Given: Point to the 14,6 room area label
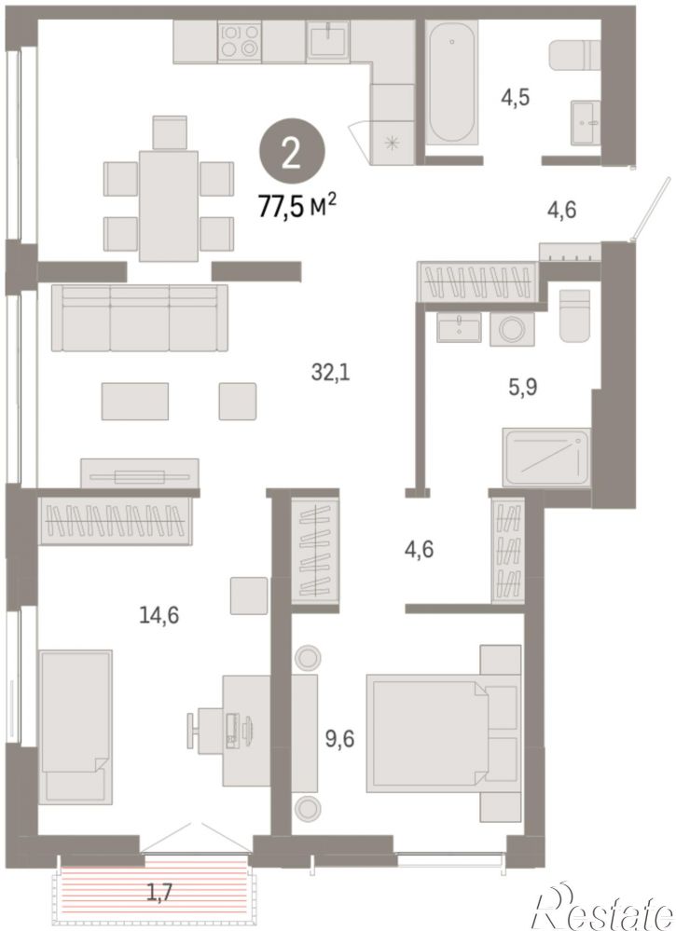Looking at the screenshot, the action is pos(159,615).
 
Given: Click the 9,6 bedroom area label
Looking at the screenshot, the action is pos(340,740).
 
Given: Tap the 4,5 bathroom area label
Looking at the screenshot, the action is pos(515,96).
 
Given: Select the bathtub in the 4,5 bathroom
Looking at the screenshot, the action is pos(451,82).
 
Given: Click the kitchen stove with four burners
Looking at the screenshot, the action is pos(240,42).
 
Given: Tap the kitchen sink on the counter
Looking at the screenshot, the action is pos(328,42).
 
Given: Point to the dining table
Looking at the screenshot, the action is pos(169,205).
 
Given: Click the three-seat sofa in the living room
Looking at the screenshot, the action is pos(140,318).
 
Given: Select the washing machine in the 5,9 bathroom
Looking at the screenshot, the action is pos(512,328).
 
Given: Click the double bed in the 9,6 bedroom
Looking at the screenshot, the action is pos(443,733).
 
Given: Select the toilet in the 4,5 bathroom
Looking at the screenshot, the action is pos(573,54).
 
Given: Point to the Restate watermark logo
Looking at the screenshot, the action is pos(605,906).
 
